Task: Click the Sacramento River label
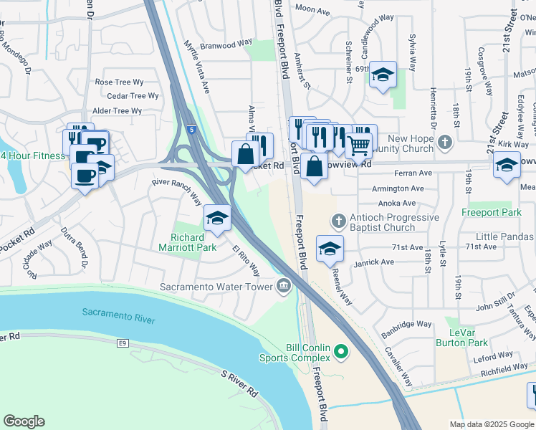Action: [x=118, y=313]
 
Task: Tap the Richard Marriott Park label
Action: [x=193, y=242]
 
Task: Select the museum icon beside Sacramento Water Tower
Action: [x=284, y=287]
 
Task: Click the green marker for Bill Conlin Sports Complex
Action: [x=341, y=353]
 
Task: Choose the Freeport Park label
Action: [x=501, y=212]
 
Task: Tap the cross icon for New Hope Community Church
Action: [x=446, y=141]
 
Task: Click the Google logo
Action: [x=24, y=421]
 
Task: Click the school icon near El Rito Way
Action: [x=217, y=217]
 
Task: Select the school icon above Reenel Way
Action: [x=330, y=249]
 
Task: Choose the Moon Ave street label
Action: [x=312, y=9]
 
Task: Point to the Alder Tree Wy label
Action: [x=118, y=110]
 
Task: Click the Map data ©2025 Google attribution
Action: [x=491, y=424]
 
